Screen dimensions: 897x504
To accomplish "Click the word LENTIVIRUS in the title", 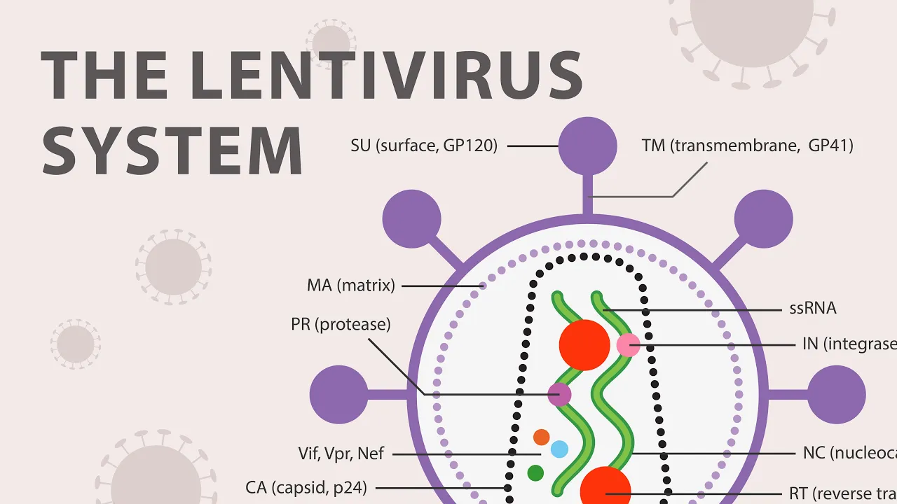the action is click(386, 76).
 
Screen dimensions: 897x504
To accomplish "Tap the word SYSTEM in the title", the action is click(172, 150).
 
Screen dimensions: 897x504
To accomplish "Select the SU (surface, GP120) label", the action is click(424, 146).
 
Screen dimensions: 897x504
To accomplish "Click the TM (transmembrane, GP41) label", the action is click(747, 146).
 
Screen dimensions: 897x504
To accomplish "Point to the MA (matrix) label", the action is click(351, 286).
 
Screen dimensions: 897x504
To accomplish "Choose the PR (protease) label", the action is click(341, 325).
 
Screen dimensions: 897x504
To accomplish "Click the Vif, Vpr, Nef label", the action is click(341, 454).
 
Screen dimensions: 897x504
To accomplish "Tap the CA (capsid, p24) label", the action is click(306, 487).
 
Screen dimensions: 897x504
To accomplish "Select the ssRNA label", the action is click(813, 308).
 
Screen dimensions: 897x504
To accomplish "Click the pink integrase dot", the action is click(628, 344).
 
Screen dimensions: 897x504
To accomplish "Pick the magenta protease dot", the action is click(559, 395).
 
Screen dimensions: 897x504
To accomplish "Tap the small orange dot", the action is click(541, 437).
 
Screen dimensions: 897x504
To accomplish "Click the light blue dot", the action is click(559, 449).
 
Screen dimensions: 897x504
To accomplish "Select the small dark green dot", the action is click(535, 473).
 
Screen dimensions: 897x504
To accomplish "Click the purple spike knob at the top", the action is click(588, 146).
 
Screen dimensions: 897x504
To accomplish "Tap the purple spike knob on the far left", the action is click(338, 395).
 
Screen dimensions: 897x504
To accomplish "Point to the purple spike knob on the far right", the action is click(837, 395).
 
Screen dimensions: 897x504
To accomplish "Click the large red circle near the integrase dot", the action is click(584, 345).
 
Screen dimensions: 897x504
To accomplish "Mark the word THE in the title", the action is click(104, 76).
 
